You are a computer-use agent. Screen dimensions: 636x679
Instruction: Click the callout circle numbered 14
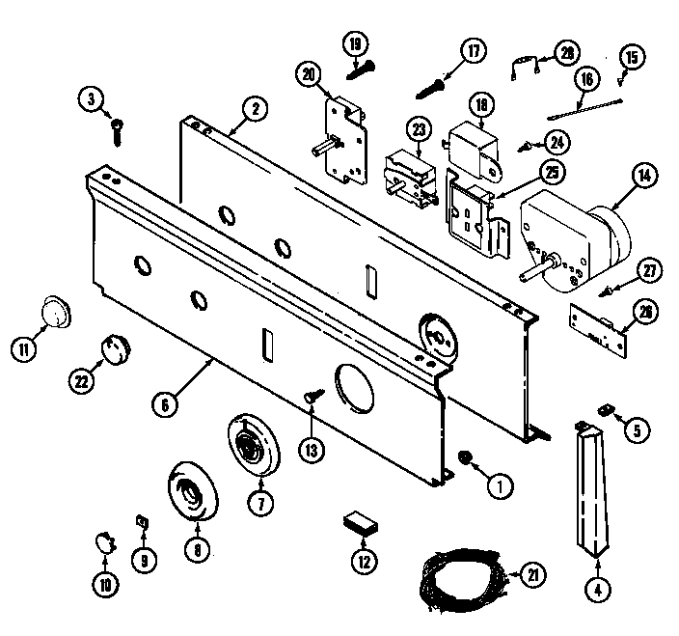coord(640,176)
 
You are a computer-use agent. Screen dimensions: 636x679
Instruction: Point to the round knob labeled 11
coord(55,314)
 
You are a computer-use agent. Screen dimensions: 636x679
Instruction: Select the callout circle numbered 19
coord(354,43)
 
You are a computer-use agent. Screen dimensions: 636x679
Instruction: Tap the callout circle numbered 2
coord(254,109)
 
